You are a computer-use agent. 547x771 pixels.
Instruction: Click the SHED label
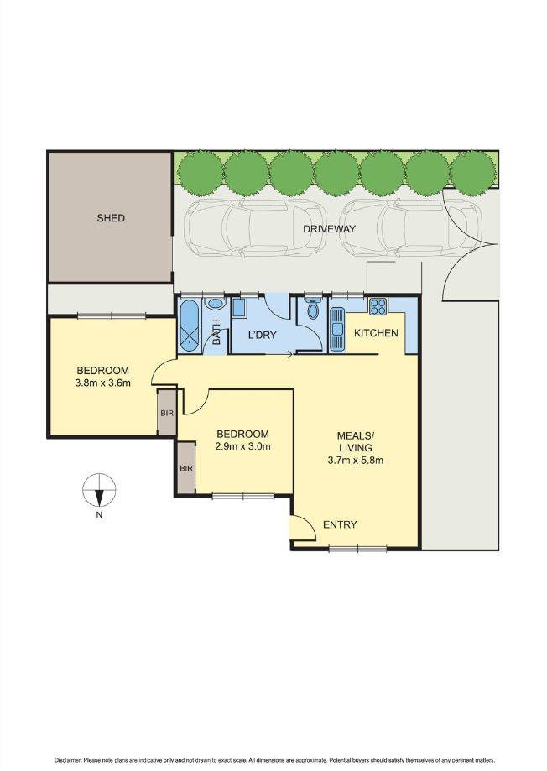tap(111, 218)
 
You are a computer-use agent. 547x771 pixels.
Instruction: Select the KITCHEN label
tap(375, 333)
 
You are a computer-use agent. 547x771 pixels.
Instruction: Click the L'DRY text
tap(262, 335)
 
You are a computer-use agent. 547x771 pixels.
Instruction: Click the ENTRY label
tap(340, 525)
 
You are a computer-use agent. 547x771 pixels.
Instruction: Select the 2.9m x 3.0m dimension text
tap(242, 446)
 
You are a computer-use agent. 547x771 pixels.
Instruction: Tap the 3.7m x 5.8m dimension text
tap(356, 460)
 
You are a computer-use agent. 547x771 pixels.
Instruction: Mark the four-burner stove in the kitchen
tap(377, 307)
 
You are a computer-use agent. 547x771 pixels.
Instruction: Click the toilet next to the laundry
tap(314, 309)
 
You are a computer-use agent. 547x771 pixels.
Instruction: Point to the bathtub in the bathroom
tap(190, 326)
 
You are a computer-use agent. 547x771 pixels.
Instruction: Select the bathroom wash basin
tap(216, 305)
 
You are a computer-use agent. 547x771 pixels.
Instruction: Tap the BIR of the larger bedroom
tap(166, 413)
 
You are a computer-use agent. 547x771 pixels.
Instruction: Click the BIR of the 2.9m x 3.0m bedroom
tap(185, 468)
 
